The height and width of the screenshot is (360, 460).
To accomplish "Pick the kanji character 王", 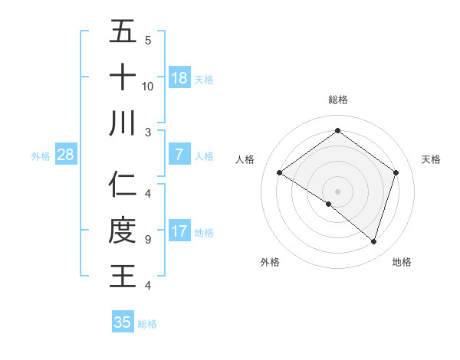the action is [123, 276].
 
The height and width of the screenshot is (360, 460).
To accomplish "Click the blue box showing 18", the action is [179, 78].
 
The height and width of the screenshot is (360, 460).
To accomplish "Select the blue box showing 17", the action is [179, 231].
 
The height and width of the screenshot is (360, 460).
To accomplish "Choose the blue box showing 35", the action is [123, 322].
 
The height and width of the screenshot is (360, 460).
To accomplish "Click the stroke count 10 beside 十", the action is [148, 86].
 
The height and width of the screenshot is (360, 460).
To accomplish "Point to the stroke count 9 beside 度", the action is [147, 240].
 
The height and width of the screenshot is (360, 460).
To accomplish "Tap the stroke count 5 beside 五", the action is [147, 40].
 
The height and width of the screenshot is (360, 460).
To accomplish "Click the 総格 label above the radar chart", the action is [337, 100].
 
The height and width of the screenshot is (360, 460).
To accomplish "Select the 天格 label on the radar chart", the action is [431, 159].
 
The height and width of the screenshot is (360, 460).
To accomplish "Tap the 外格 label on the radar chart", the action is [270, 262].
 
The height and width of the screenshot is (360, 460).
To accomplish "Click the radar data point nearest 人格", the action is [280, 173].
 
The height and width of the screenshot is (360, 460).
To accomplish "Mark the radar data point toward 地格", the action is [373, 241].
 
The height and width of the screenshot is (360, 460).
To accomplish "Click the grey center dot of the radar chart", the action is [337, 191].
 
